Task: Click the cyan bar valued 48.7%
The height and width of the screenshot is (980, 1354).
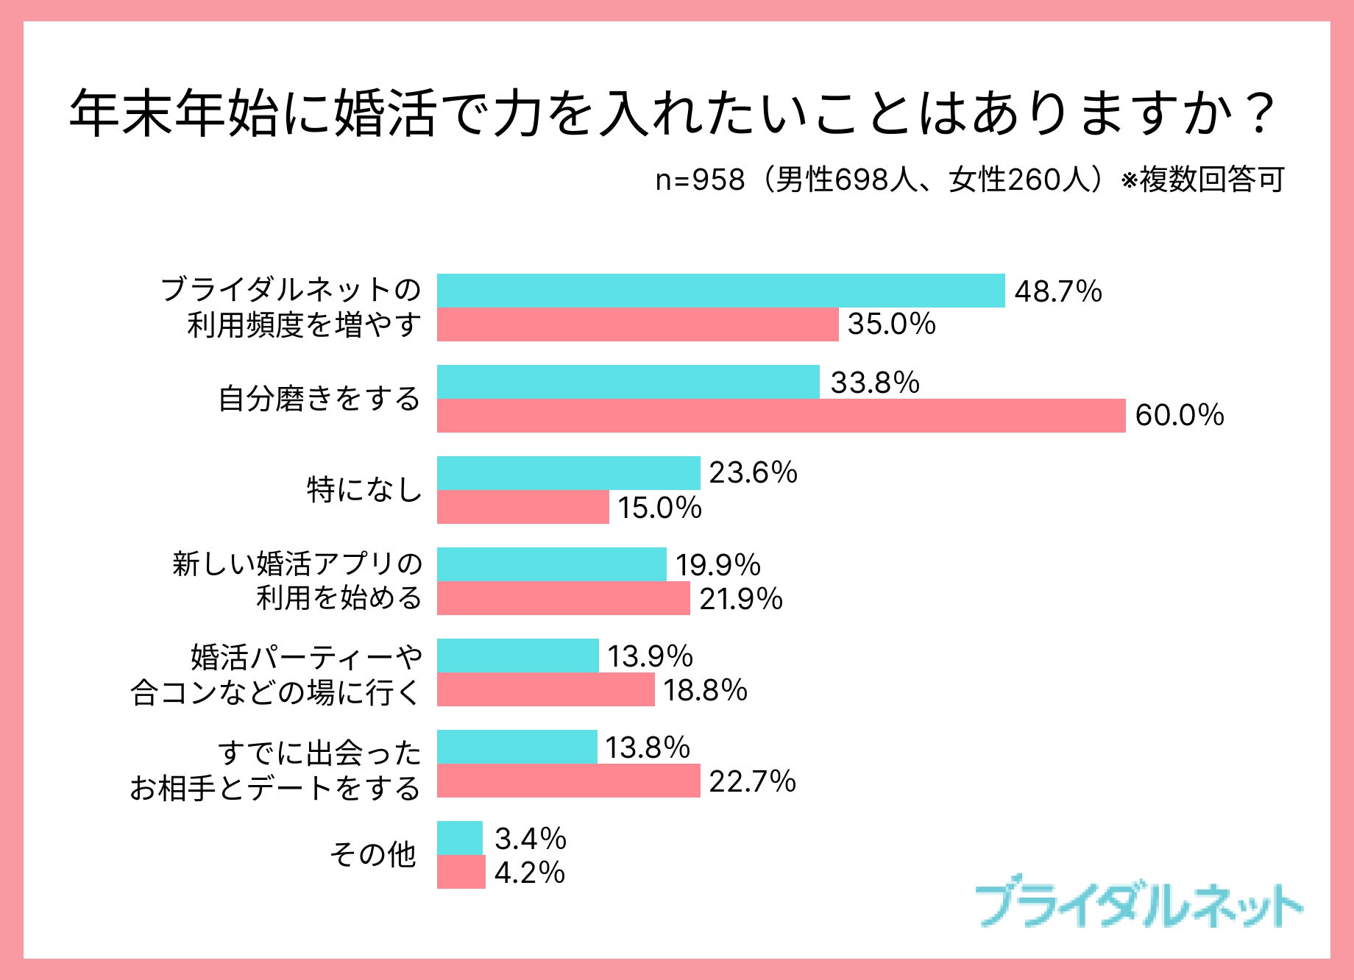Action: click(x=721, y=291)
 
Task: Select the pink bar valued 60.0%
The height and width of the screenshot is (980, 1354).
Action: click(x=781, y=416)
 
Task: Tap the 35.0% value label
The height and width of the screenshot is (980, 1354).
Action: click(x=891, y=324)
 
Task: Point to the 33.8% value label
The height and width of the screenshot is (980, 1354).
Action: click(x=875, y=383)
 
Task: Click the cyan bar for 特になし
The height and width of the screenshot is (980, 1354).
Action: click(x=568, y=473)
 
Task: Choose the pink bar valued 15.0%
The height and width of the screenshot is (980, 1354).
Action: click(x=522, y=507)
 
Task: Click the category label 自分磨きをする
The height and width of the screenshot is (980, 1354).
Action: click(x=319, y=399)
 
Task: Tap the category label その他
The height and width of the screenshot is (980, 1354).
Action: click(x=372, y=855)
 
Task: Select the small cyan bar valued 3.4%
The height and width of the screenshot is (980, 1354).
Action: click(x=460, y=838)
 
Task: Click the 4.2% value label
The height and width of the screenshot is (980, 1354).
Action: click(x=529, y=873)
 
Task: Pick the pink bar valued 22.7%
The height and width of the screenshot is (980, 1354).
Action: click(x=568, y=781)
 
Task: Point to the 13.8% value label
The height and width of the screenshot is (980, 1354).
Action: click(x=648, y=748)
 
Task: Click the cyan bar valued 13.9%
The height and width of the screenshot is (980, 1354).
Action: click(x=517, y=656)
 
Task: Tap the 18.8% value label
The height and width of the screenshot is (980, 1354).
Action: click(x=705, y=691)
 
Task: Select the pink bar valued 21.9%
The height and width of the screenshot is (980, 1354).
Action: click(x=563, y=598)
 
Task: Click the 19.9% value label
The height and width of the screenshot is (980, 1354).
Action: click(x=717, y=565)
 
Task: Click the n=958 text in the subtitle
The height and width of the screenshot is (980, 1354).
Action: click(x=700, y=180)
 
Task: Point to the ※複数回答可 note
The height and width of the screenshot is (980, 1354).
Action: click(x=1202, y=180)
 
